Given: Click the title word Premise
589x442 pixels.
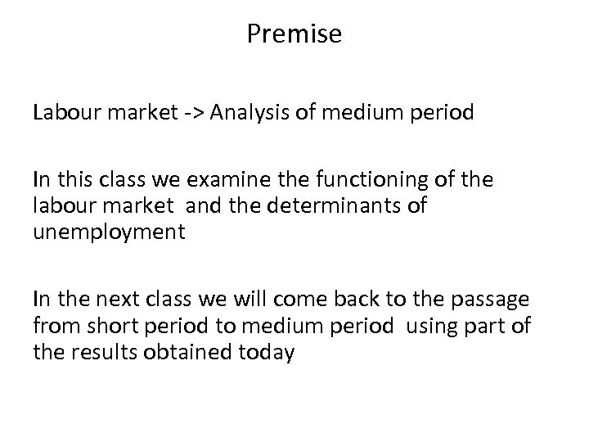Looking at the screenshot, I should tap(294, 35).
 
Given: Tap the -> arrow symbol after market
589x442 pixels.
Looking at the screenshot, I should tap(189, 112).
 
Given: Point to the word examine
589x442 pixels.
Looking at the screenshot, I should tap(233, 180).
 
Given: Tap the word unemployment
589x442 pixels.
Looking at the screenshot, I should tap(109, 232).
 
